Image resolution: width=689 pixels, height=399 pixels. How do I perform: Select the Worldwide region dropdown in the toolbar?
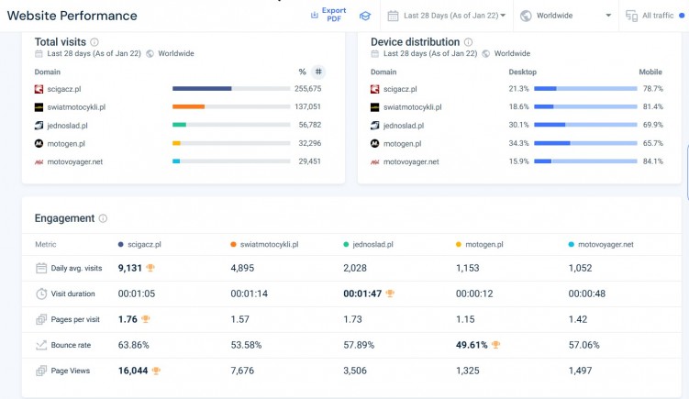click(x=567, y=16)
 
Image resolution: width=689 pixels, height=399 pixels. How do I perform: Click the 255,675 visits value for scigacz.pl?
click(x=307, y=89)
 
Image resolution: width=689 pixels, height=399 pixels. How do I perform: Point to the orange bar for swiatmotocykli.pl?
click(x=188, y=106)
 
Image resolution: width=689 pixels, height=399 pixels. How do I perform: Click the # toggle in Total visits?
click(x=317, y=72)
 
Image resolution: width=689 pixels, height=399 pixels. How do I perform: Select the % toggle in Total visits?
click(x=302, y=72)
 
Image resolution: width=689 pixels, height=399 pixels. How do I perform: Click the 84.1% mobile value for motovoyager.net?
click(x=652, y=161)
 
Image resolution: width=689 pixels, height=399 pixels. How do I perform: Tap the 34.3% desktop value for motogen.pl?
click(x=518, y=143)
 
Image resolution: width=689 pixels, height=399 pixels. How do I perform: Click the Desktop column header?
click(x=522, y=72)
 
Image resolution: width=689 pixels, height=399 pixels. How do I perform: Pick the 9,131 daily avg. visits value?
click(x=130, y=268)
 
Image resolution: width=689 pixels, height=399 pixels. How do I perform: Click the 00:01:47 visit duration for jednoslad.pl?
click(x=361, y=294)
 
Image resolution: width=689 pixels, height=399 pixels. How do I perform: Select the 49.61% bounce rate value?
click(x=472, y=345)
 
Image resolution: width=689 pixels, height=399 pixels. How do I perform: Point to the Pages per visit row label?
click(x=76, y=319)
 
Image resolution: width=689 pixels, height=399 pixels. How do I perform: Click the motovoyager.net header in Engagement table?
click(x=606, y=245)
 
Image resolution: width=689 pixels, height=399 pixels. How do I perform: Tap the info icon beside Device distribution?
click(x=469, y=42)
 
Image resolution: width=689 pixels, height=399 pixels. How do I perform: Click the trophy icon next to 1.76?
click(x=145, y=319)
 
